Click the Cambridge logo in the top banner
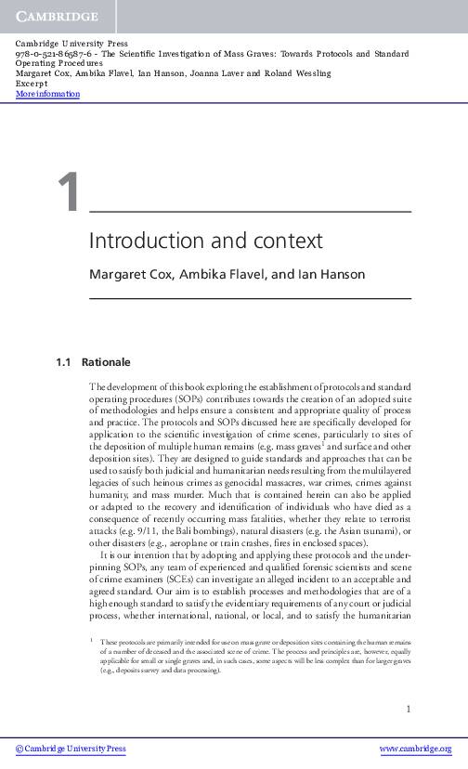coord(56,16)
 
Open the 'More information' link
coord(48,94)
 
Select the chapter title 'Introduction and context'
coord(205,240)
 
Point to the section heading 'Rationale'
coord(106,361)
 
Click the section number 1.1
coord(64,361)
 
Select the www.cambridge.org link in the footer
coord(414,749)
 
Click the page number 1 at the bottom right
coord(408,710)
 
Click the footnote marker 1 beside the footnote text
coord(91,641)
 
